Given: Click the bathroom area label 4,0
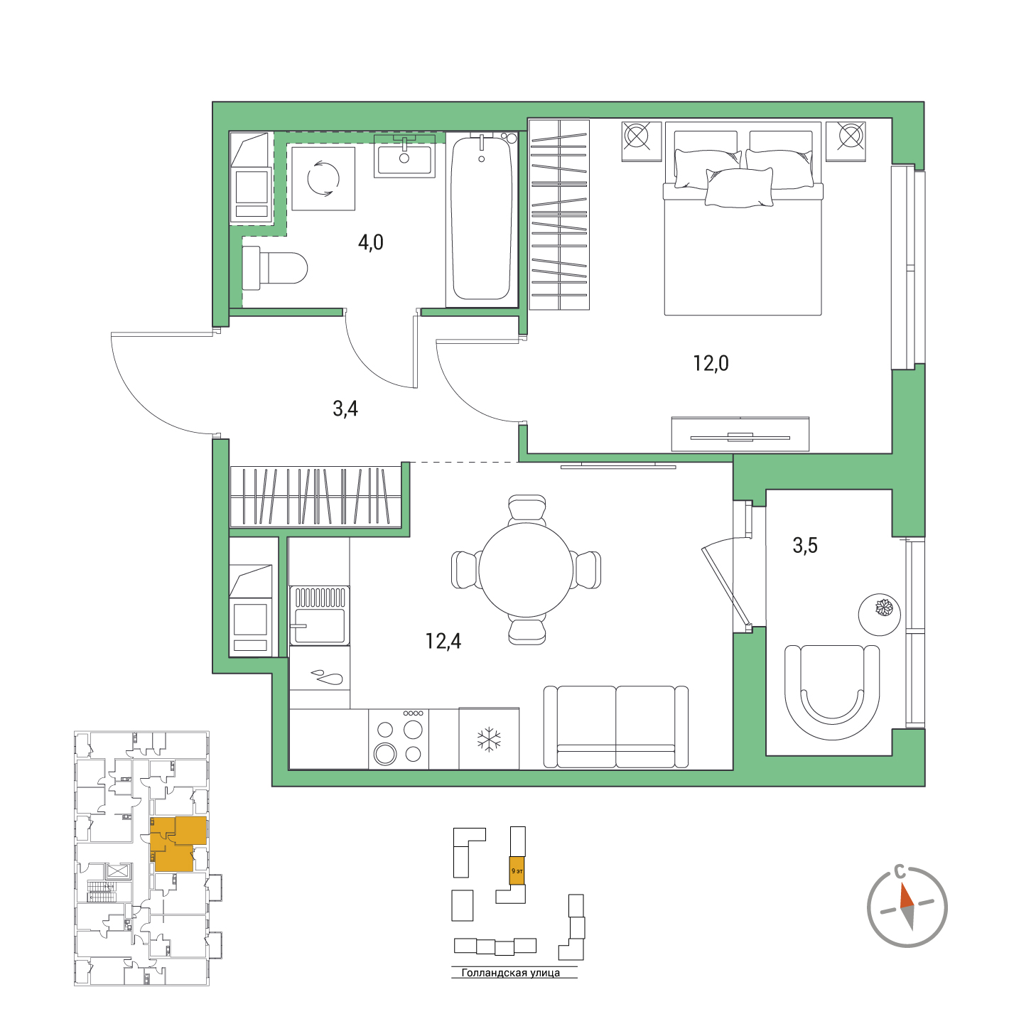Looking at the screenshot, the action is click(370, 242).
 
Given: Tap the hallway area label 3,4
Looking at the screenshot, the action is click(345, 409).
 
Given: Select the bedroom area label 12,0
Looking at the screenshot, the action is click(711, 363).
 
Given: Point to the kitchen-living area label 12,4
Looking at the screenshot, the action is click(443, 641).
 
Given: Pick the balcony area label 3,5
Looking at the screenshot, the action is click(805, 545).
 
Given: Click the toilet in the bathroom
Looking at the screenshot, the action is click(274, 268).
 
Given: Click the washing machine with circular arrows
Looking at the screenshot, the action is click(323, 178).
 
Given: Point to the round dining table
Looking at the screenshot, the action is click(527, 570).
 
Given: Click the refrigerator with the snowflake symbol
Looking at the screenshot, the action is click(489, 738).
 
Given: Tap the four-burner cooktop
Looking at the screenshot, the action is click(399, 738).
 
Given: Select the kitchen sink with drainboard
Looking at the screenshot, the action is click(319, 615).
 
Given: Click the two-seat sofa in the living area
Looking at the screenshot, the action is click(616, 727).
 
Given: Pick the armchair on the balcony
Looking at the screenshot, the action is click(831, 693).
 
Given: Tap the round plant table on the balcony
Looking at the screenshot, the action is click(879, 615).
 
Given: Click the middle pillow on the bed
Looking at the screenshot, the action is click(739, 187).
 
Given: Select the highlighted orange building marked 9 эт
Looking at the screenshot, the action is click(517, 870).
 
